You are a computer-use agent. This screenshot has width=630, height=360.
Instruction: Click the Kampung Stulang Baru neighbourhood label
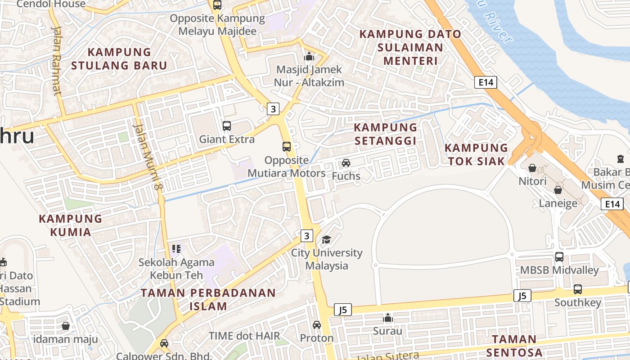pos(119,58)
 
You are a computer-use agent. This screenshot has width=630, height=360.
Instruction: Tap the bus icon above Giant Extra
pos(227,126)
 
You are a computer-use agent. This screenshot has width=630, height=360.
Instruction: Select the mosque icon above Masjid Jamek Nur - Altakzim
pos(309,57)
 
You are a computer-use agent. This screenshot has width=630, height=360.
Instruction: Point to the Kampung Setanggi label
pos(385,134)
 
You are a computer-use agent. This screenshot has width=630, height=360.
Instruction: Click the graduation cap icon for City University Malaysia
pos(326,239)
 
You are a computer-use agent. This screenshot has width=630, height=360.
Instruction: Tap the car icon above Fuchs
pos(346,163)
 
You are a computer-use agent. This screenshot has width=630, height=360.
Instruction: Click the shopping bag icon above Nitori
pos(532,168)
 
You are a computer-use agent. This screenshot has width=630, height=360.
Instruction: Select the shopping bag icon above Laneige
pos(558,190)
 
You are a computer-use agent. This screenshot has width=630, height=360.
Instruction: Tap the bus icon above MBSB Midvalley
pos(559,257)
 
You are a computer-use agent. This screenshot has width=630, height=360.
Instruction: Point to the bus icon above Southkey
pos(578,289)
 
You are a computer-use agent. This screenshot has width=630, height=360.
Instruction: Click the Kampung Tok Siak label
pos(476,154)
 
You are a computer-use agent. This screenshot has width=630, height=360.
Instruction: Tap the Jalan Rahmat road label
pos(57,61)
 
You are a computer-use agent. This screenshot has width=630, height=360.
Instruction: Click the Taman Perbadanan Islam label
pos(208,300)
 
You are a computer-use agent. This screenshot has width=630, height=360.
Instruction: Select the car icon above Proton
pos(317,325)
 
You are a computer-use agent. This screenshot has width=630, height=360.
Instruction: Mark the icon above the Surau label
pos(388,318)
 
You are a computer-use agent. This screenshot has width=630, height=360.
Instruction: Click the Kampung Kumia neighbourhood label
pos(71,225)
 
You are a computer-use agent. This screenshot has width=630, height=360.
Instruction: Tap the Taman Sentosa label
pos(514,346)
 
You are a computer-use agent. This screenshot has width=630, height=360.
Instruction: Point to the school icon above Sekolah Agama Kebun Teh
pos(176,249)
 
